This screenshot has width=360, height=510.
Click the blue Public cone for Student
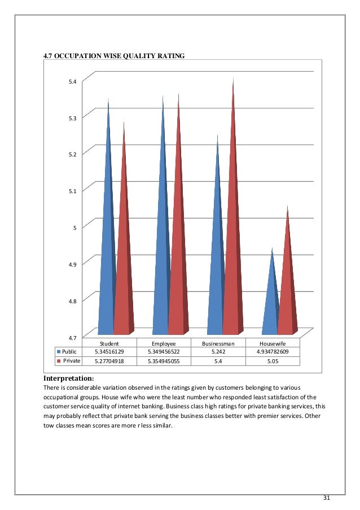[107, 271]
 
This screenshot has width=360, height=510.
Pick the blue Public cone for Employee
[161, 271]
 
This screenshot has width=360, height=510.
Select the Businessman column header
[218, 343]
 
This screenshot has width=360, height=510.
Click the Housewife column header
[273, 343]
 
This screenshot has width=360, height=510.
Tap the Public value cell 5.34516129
[109, 351]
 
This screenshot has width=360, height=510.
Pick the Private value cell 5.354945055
[164, 360]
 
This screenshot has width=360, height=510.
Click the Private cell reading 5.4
[218, 360]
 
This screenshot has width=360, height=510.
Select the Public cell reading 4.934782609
[273, 351]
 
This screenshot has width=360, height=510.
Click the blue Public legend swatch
[58, 351]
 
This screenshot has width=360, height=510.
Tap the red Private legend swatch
[58, 360]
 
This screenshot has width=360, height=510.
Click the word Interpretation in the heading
[68, 378]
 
